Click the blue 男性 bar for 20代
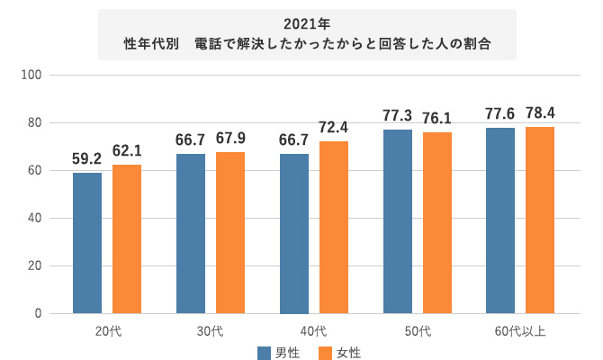pyautogui.click(x=87, y=243)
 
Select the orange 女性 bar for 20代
pyautogui.click(x=127, y=239)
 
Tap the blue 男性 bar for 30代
pyautogui.click(x=191, y=234)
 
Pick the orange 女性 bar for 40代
pyautogui.click(x=334, y=227)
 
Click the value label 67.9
pyautogui.click(x=230, y=143)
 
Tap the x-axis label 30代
pyautogui.click(x=211, y=330)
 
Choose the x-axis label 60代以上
pyautogui.click(x=520, y=330)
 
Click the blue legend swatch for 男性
pyautogui.click(x=265, y=351)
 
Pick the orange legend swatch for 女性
pyautogui.click(x=326, y=351)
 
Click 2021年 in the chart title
pyautogui.click(x=307, y=22)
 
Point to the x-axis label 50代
pyautogui.click(x=418, y=330)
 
